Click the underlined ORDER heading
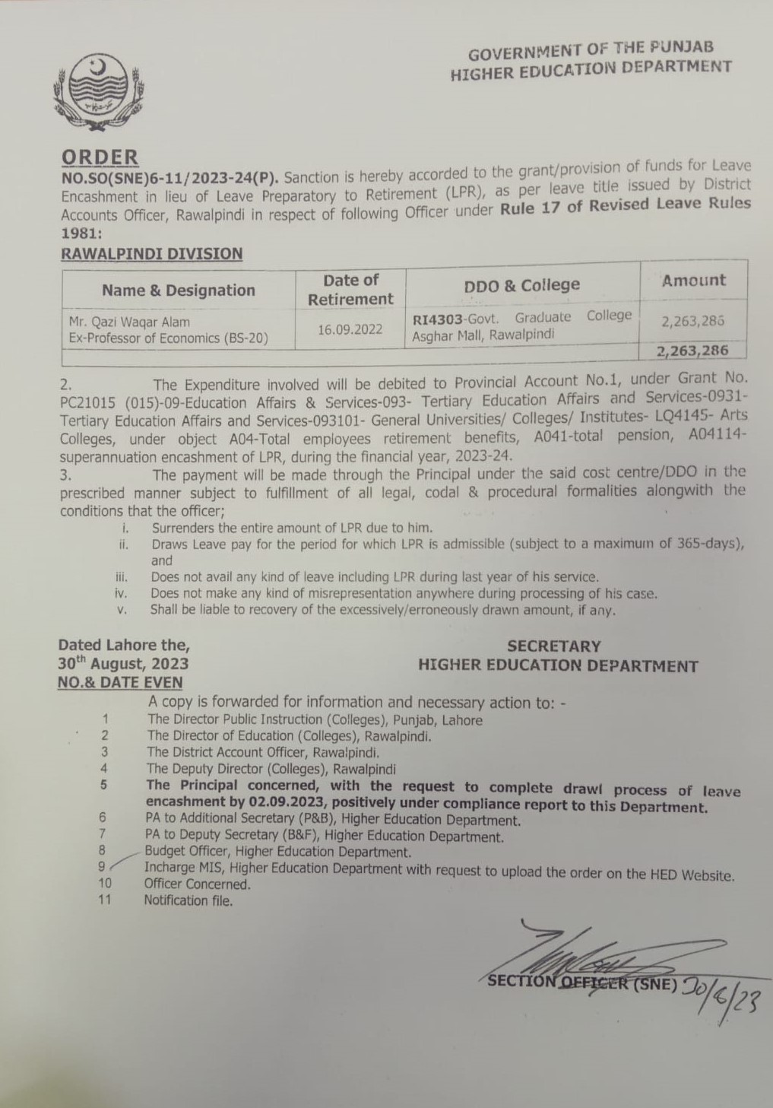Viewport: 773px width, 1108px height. [x=100, y=157]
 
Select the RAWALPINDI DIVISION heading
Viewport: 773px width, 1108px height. [x=151, y=254]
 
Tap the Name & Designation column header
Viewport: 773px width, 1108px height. [x=179, y=290]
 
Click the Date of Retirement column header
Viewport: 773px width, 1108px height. [x=350, y=290]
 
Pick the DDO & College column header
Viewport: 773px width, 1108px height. [x=521, y=285]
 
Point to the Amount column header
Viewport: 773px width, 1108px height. [x=693, y=280]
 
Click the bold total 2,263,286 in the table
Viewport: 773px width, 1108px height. [x=694, y=351]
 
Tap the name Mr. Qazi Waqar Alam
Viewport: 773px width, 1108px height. [x=129, y=322]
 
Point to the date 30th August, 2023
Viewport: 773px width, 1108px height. [x=124, y=664]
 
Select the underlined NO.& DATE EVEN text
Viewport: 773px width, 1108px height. [x=120, y=683]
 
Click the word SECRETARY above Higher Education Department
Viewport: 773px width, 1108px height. [x=553, y=646]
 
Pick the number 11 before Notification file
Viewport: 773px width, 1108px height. [x=105, y=900]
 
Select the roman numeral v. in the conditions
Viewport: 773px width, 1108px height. [x=122, y=610]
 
